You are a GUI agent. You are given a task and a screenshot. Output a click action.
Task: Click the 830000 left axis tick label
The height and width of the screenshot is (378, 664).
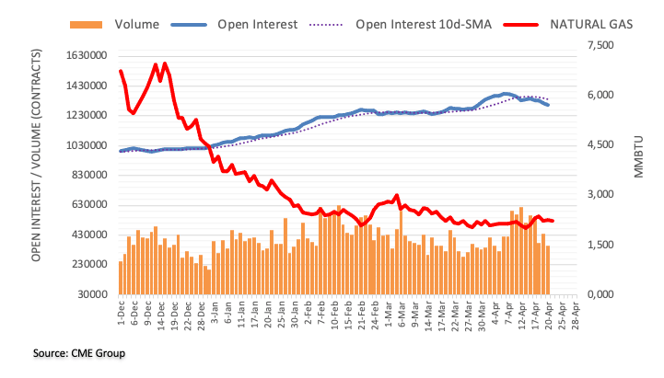coord(78,175)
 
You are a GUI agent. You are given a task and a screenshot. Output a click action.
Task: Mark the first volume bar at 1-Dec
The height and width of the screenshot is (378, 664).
coord(121,278)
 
